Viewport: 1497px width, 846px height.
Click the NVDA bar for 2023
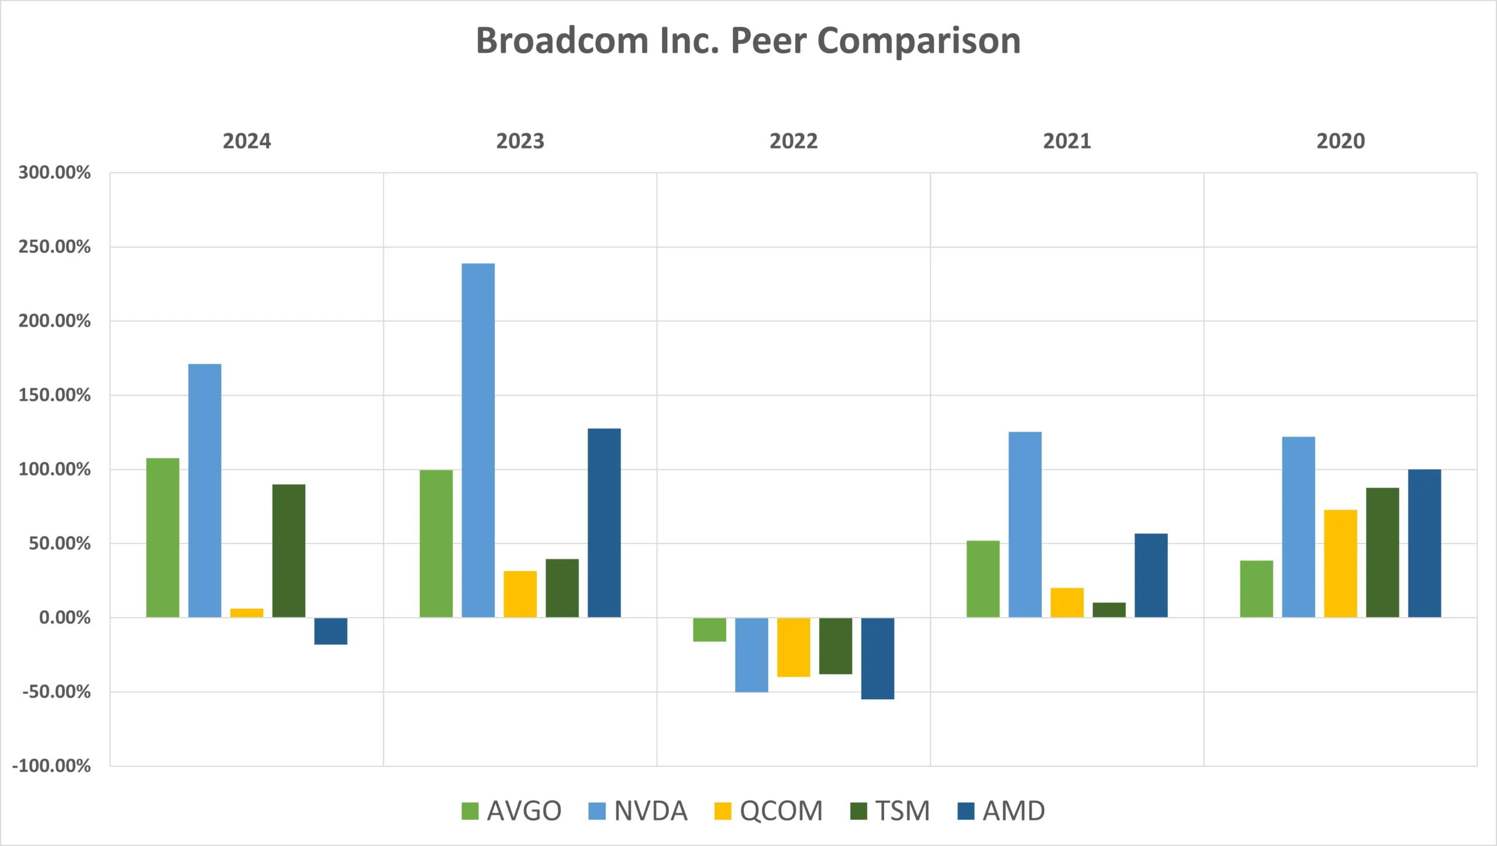pos(478,440)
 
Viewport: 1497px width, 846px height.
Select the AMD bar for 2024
pos(330,631)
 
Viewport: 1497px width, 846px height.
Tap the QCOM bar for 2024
pos(247,613)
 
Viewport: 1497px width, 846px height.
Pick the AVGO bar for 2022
pos(709,630)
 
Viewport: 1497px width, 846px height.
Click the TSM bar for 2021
pos(1109,610)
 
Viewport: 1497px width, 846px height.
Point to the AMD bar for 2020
pos(1424,543)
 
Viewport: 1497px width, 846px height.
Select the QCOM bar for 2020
pos(1340,563)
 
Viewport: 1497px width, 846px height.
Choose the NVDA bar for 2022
pos(751,655)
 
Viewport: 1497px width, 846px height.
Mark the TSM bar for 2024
pos(289,551)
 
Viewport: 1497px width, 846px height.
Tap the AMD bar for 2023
pos(604,522)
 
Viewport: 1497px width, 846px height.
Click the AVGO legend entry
pos(512,811)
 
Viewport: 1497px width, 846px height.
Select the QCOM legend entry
pos(768,811)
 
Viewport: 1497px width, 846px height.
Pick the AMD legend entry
pos(1001,811)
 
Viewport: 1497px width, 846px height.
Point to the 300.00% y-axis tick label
pos(54,173)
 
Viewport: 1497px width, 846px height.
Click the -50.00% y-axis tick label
pos(56,692)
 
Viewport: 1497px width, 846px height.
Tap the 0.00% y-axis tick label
pos(64,618)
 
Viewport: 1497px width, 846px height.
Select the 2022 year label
pos(793,141)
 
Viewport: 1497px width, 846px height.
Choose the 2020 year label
pos(1340,141)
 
